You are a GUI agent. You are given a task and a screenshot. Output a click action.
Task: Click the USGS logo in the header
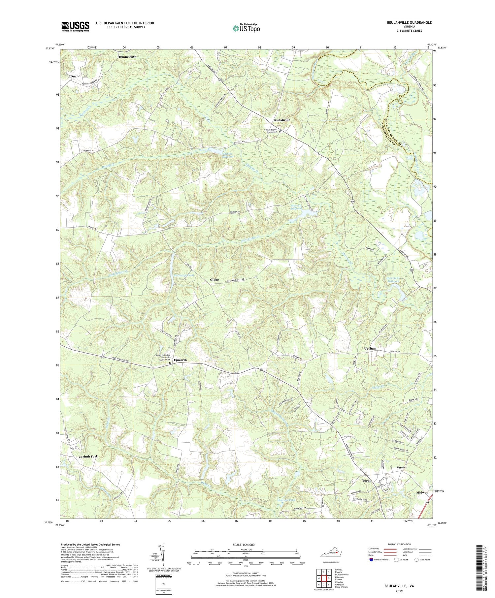point(75,26)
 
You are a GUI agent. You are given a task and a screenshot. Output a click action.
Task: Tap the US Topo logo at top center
point(246,28)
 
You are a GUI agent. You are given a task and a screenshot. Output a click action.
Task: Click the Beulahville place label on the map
point(281,120)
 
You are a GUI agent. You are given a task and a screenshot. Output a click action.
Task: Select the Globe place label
point(214,280)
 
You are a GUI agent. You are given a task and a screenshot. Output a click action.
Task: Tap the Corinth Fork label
point(88,456)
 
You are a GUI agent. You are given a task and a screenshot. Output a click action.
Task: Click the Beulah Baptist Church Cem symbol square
point(280,131)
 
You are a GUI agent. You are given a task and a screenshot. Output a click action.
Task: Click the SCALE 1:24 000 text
point(245,545)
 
